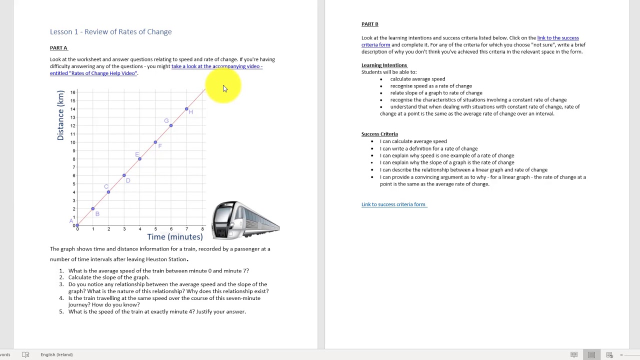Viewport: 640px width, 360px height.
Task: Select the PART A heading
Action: [58, 47]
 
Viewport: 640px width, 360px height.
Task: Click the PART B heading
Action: [369, 24]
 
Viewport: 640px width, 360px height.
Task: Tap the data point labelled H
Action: [186, 108]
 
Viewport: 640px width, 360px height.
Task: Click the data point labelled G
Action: [171, 125]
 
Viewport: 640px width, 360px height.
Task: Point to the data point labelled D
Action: [124, 175]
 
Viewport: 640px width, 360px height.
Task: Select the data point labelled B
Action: [92, 208]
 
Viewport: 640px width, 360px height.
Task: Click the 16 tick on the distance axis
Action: [73, 92]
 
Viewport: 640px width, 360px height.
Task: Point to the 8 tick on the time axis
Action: [202, 229]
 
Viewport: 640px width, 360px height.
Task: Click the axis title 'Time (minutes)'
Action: [174, 236]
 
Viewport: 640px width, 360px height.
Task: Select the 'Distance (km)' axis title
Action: [60, 115]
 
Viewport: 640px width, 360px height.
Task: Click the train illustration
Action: [245, 220]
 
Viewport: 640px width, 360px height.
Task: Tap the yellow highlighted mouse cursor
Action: [224, 88]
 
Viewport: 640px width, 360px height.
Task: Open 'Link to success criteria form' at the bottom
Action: [393, 204]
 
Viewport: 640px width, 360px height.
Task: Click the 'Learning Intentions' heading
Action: [384, 65]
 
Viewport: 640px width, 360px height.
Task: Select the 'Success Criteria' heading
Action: [379, 134]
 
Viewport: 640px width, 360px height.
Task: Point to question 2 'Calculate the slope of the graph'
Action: [108, 277]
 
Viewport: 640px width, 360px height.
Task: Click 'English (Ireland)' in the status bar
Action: [56, 354]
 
